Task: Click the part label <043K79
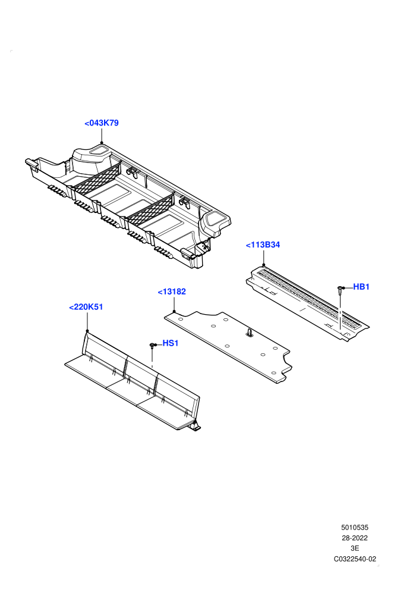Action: click(102, 123)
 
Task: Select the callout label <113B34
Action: click(263, 245)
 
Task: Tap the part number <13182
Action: click(172, 292)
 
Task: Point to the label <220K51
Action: click(86, 307)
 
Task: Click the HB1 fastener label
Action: click(361, 287)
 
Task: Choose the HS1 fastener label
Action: click(171, 343)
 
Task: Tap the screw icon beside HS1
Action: click(152, 345)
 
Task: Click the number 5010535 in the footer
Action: click(355, 527)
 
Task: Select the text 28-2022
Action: click(355, 538)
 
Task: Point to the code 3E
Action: click(355, 549)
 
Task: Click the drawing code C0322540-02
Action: click(355, 559)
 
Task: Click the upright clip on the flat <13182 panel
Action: click(250, 332)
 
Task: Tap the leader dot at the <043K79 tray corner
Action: click(102, 143)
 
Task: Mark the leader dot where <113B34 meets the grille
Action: click(264, 265)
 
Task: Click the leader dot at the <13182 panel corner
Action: click(174, 311)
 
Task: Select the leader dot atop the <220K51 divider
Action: click(87, 331)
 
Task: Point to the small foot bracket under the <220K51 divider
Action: click(196, 426)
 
